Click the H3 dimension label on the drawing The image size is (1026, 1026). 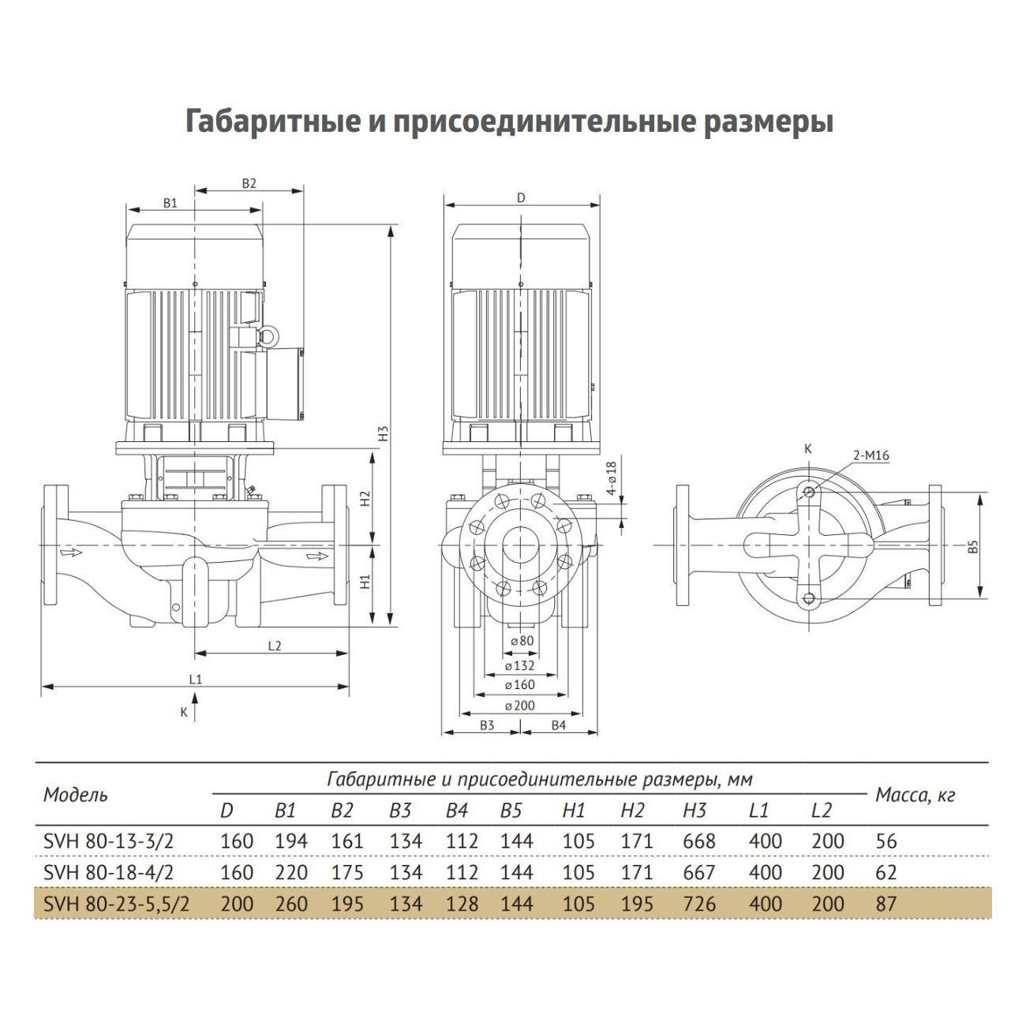click(384, 434)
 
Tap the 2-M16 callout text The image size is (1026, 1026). click(871, 455)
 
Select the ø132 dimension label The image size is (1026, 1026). click(519, 666)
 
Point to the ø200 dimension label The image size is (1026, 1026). click(519, 706)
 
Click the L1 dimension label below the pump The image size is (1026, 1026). click(196, 680)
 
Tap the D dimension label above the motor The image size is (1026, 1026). click(521, 198)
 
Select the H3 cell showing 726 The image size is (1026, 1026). click(699, 904)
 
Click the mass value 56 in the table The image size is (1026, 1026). click(886, 841)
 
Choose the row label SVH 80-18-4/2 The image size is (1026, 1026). click(109, 872)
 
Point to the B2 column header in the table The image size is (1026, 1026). click(342, 811)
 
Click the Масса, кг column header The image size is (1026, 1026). click(916, 796)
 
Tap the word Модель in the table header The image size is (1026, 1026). click(76, 795)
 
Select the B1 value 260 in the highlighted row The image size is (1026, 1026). click(291, 904)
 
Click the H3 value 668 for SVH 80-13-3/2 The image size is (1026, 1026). click(699, 841)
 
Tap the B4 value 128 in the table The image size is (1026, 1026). click(462, 904)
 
